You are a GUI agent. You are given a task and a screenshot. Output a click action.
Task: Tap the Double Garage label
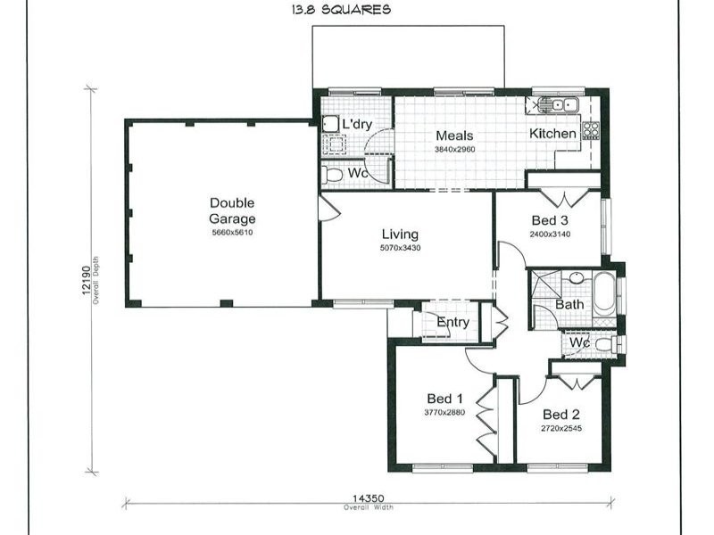[232, 210]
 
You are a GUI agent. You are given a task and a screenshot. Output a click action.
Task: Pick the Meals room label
[454, 136]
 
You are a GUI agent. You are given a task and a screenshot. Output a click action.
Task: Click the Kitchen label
[553, 134]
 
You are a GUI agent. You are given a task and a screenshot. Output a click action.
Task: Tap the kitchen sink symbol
[560, 105]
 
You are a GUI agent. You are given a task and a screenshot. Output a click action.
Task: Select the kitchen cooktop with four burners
[591, 131]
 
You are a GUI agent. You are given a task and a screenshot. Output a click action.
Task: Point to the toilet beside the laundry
[334, 174]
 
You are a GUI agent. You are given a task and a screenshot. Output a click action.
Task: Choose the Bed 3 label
[550, 220]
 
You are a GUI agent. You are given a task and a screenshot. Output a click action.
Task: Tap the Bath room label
[569, 305]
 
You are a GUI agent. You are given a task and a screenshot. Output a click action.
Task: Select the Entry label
[452, 322]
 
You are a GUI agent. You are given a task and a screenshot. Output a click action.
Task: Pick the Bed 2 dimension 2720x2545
[561, 429]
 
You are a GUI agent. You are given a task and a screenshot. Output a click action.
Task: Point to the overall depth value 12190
[87, 283]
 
